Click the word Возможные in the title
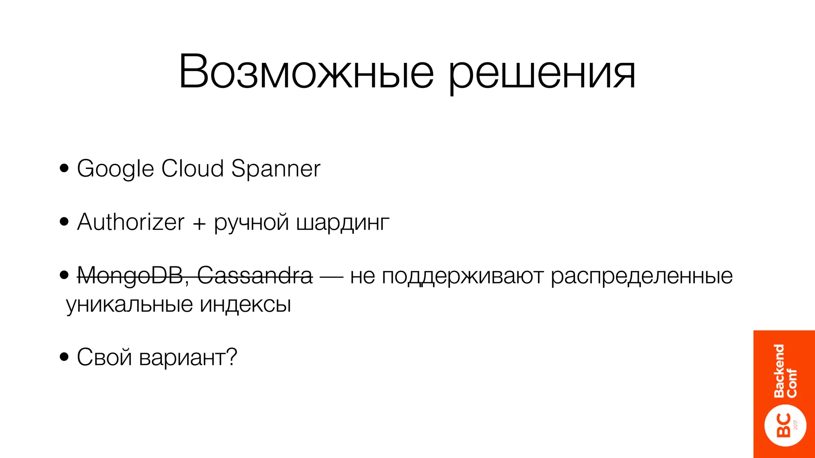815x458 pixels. pos(306,73)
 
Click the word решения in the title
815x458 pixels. pos(542,74)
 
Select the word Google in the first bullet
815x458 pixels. pos(115,169)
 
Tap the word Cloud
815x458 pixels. pos(193,168)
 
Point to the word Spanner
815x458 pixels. pos(275,169)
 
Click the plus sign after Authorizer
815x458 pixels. pos(199,223)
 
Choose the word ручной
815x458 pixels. pos(251,223)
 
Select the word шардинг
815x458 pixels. pos(343,223)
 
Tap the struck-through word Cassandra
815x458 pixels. pos(255,275)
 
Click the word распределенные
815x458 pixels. pos(641,277)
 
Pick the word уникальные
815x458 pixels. pos(129,305)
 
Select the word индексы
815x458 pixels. pos(245,305)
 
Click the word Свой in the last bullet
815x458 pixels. pos(104,357)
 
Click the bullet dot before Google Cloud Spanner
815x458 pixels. pos(64,168)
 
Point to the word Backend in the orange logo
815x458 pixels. pos(779,371)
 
